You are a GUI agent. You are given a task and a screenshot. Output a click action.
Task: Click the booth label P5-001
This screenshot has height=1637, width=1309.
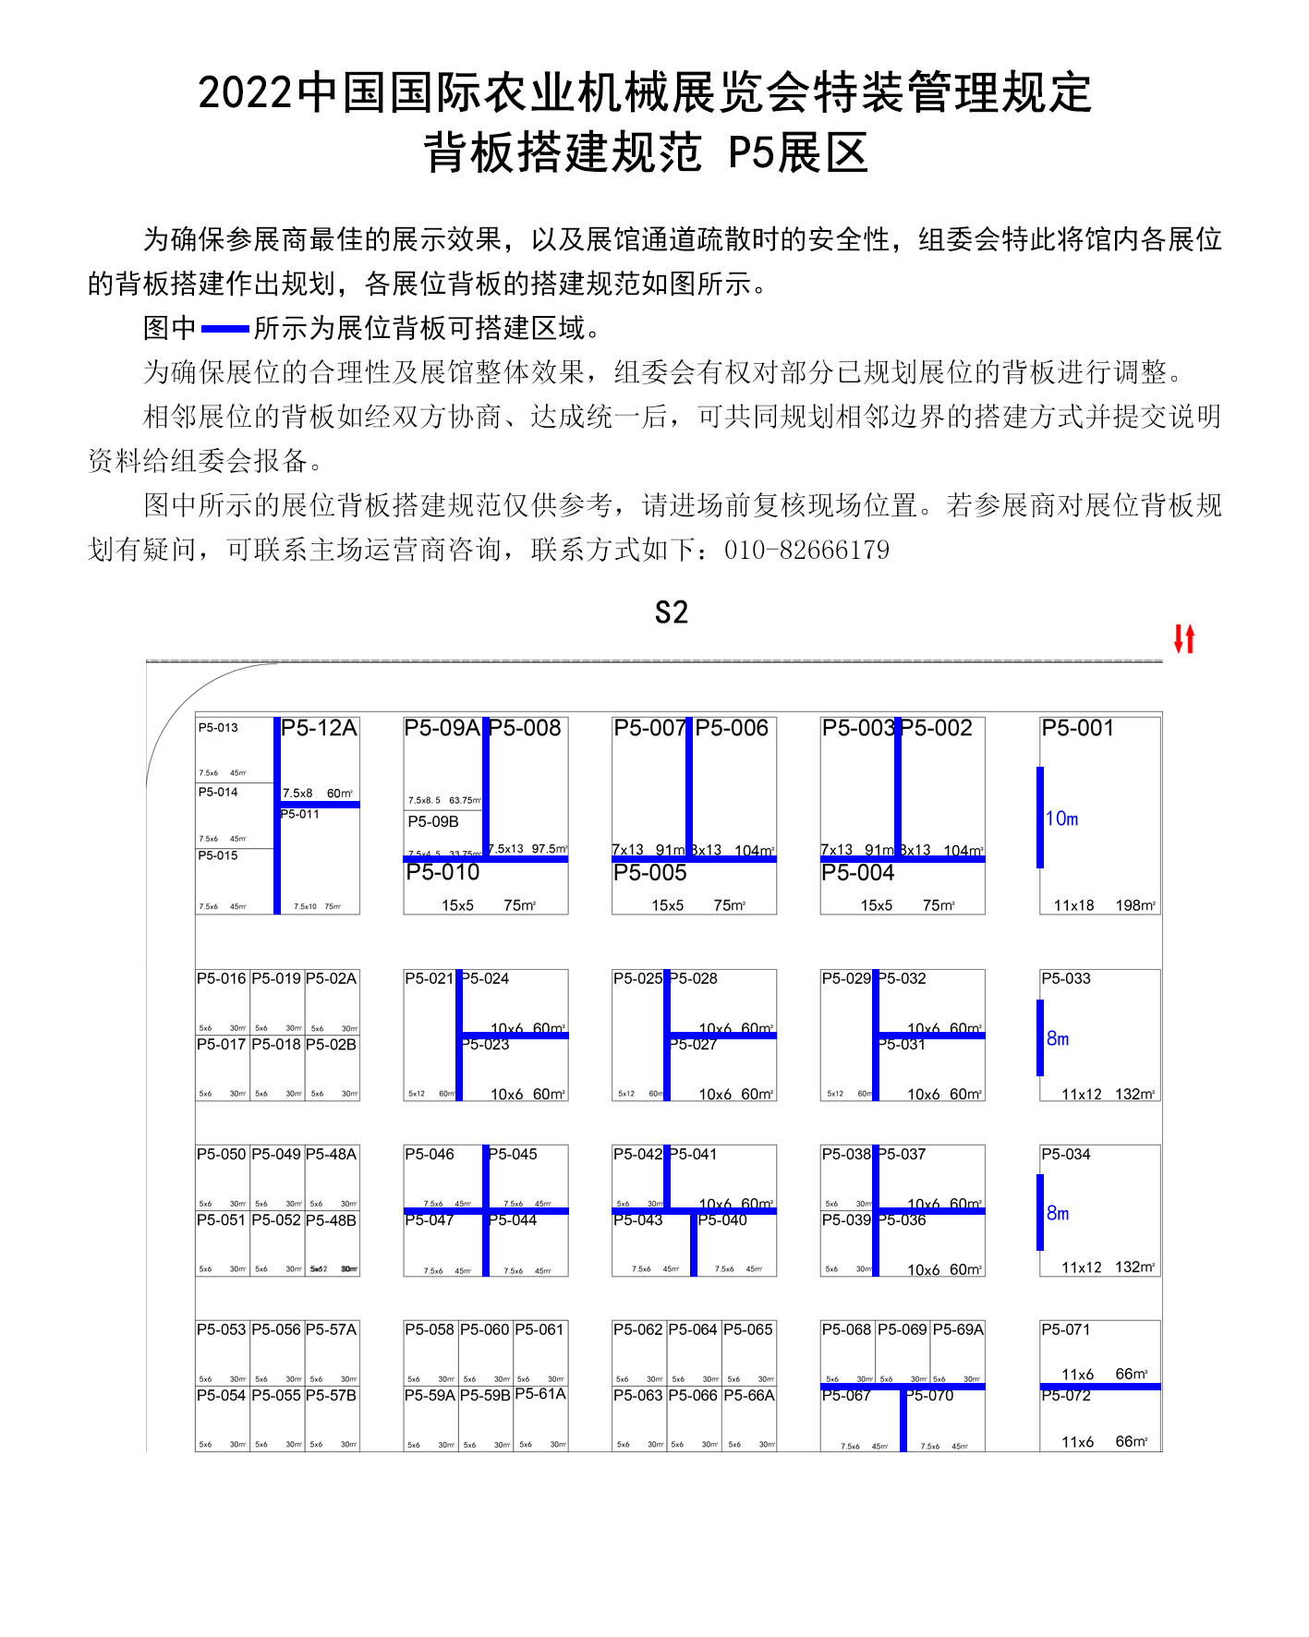[1077, 729]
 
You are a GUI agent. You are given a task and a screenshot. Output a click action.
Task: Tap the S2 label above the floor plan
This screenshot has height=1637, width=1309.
[672, 613]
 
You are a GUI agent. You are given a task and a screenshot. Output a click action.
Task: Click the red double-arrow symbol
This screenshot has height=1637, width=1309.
[1184, 638]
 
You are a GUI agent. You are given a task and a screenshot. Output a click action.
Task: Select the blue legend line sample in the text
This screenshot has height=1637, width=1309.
[224, 329]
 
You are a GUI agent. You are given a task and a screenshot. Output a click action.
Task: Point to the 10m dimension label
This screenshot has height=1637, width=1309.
[1061, 818]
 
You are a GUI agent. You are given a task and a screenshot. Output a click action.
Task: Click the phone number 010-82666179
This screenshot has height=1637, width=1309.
[806, 551]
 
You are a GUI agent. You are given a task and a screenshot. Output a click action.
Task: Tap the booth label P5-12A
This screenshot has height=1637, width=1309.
[319, 729]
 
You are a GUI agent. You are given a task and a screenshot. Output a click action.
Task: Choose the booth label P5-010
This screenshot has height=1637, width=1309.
[442, 872]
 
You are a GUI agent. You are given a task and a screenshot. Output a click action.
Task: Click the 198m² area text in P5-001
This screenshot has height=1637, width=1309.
[1135, 905]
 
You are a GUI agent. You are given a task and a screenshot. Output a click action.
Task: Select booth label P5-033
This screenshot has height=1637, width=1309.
[1065, 978]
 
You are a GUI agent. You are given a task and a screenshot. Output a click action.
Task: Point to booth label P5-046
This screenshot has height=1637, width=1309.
[430, 1154]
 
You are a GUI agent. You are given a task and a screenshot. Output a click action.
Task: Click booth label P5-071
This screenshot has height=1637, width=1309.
[1065, 1329]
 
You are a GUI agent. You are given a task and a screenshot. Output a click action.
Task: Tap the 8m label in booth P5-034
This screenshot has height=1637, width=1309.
[1058, 1214]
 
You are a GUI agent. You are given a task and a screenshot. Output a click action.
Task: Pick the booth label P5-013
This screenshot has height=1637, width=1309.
[218, 728]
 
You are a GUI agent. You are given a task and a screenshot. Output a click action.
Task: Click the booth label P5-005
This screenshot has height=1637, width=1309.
[650, 873]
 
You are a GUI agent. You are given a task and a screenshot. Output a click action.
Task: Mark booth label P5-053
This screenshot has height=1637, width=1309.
[221, 1329]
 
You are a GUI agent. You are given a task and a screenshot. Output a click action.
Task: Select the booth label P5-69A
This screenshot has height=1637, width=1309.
[958, 1329]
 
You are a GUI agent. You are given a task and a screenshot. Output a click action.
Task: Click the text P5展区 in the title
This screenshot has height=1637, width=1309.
[798, 153]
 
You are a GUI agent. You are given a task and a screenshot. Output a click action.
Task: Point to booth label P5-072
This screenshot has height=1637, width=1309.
[1065, 1396]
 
